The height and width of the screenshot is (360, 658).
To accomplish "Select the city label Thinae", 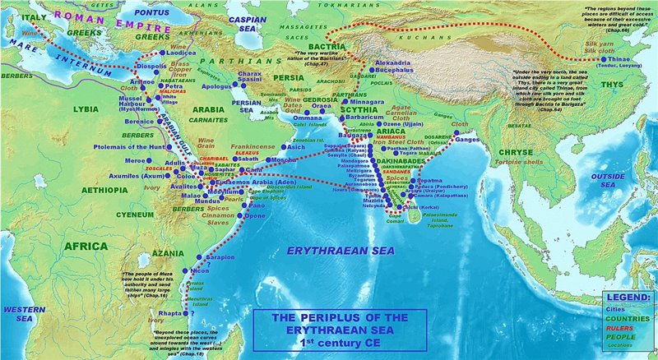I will coord(628,59).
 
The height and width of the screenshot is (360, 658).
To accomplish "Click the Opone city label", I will coord(256,215).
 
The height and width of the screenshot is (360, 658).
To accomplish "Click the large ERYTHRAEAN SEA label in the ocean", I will coord(330,249).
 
